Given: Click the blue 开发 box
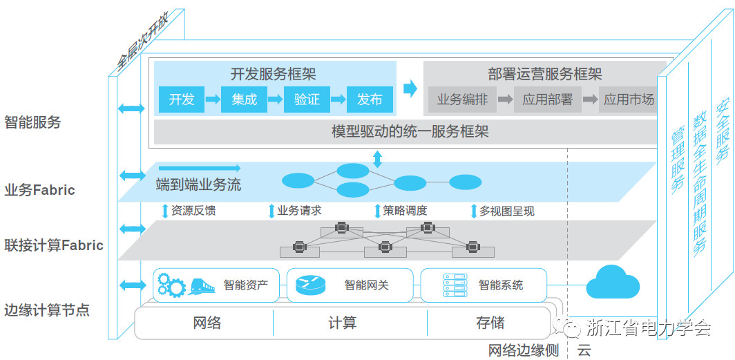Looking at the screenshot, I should point(182,100).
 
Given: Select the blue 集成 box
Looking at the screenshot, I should point(244,100).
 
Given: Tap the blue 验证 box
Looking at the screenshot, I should point(307,100).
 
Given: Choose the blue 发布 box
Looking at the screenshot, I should point(370,100).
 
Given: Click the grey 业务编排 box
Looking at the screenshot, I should point(462,100).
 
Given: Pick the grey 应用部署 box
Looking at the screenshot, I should point(547,100).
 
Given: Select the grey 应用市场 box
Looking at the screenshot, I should point(628,100).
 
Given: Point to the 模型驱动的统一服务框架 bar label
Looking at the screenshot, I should point(410,131).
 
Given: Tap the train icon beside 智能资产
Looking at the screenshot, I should point(201,285).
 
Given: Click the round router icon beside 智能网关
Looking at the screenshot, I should point(310,285).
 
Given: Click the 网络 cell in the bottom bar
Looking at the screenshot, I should point(205,323).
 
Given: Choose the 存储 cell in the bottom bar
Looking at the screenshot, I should point(490,323).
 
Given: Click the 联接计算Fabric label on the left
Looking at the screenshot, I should point(54,245).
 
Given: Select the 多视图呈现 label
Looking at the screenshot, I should point(506,211).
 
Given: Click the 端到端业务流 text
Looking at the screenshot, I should point(199,185).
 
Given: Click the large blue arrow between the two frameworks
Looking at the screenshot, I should point(410,88).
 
